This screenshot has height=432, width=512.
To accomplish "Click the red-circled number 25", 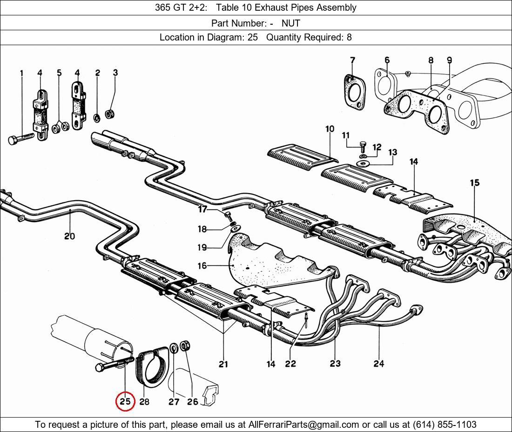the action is pos(125,401).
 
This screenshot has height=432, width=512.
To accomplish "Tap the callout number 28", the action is pos(144,401).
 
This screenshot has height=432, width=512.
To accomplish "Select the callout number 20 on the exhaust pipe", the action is pos(69,236).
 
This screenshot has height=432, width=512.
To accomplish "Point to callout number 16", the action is pos(202,266).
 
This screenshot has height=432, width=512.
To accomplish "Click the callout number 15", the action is pos(475,183).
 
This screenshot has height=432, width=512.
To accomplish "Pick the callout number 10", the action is pos(330,129).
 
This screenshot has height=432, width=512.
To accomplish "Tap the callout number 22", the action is pos(290,364).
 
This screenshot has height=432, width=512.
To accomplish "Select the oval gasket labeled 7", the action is pos(355,92).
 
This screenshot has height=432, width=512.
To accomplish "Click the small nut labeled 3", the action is pos(109,114).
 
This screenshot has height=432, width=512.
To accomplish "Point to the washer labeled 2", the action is pos(97,118).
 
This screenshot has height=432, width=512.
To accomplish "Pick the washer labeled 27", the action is pos(174,348).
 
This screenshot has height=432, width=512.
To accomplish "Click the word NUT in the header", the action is pos(290,23).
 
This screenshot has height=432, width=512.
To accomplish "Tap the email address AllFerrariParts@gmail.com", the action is pos(303,425).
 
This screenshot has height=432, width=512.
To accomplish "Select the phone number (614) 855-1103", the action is pos(445,425).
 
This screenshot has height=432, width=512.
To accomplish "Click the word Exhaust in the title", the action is pos(269,7).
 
